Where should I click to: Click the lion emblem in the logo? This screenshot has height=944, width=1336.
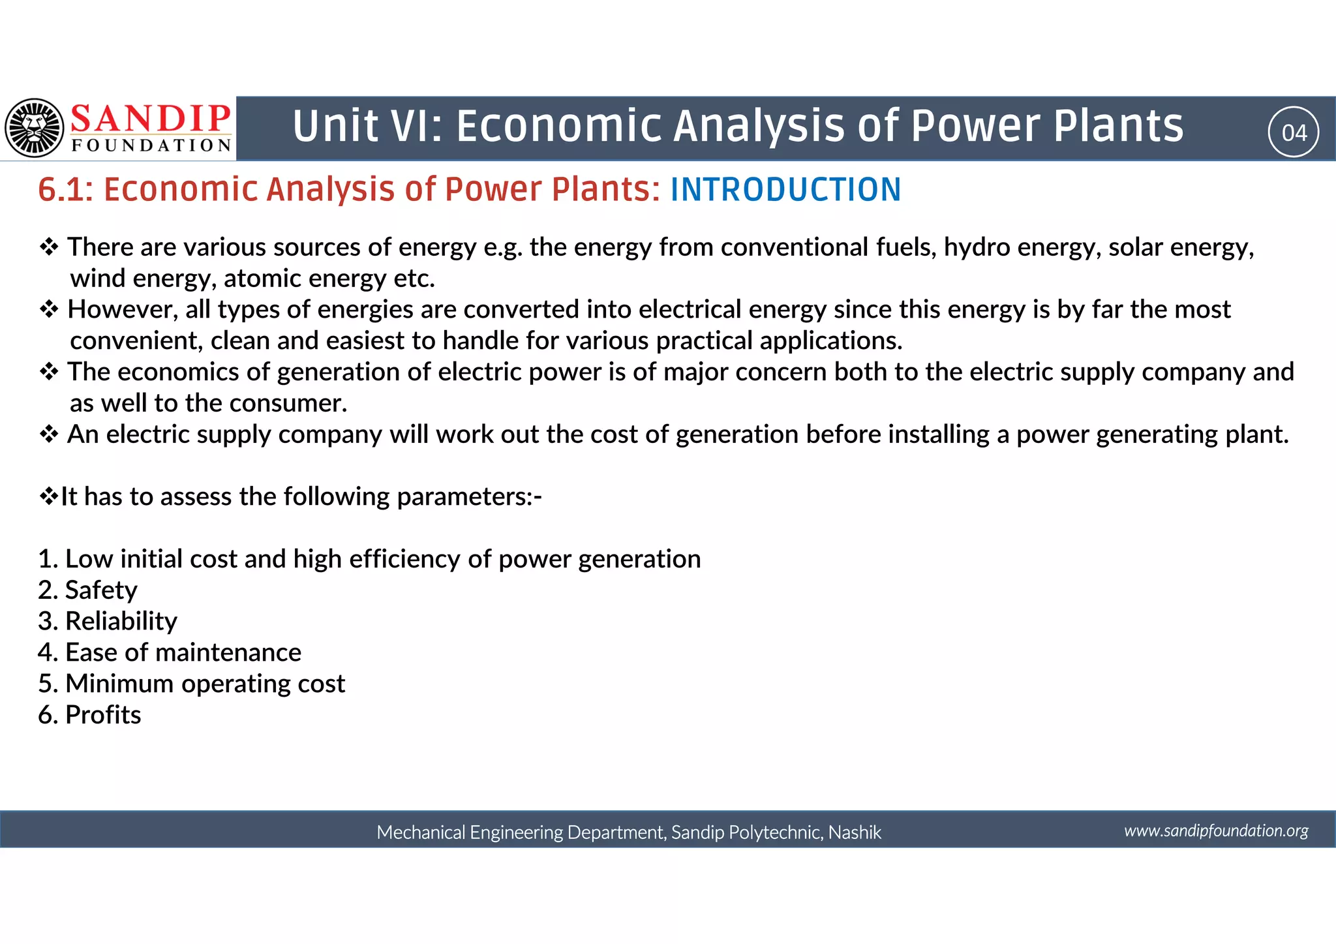point(35,128)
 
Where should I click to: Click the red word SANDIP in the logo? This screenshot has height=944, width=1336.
point(150,119)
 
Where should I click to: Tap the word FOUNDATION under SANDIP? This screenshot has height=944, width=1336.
point(151,145)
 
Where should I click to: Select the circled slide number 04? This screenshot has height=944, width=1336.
point(1294,132)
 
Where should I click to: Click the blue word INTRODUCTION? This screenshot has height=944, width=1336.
point(785,190)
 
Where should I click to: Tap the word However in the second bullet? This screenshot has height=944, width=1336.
point(121,309)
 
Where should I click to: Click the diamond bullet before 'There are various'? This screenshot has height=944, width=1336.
point(49,247)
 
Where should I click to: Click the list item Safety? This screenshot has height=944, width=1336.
point(101,590)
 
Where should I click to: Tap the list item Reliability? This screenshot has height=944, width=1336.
point(121,621)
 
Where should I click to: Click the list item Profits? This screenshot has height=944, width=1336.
point(103,715)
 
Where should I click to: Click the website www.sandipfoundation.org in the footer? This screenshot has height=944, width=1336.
point(1216,830)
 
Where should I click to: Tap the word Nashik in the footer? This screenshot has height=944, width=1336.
point(855,832)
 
